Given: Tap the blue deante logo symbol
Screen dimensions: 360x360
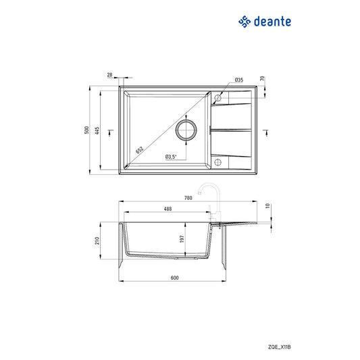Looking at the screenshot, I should coord(245,22).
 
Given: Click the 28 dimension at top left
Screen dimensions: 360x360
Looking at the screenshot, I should coord(109,76).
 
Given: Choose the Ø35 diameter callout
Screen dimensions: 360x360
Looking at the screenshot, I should coord(239,80).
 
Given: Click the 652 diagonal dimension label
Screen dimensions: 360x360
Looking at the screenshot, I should coord(138,150).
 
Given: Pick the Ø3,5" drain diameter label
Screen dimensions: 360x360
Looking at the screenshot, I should coord(170,157).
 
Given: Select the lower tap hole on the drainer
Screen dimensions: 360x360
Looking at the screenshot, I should coord(217,163).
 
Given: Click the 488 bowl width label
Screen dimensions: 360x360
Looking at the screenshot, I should coord(167,209).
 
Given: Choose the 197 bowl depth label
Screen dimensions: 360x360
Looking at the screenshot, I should coord(182,238).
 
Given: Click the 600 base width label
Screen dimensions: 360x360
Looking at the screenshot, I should coord(174,278).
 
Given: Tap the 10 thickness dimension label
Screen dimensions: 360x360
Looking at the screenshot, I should coord(268,205).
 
